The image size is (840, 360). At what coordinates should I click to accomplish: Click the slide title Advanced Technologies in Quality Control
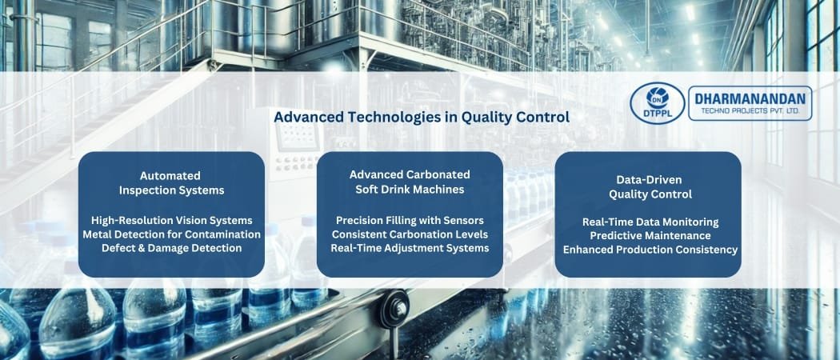pos(421,117)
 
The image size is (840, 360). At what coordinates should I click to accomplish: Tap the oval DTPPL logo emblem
pos(657,104)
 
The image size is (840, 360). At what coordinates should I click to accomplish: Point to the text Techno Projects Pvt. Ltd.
pos(750,112)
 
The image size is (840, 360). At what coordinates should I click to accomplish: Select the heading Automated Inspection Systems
pos(170,182)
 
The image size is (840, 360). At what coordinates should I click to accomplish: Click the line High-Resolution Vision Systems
pos(171,220)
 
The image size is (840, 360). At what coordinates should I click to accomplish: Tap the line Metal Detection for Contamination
pos(171,234)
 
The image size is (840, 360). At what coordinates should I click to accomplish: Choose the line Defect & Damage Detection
pos(171,248)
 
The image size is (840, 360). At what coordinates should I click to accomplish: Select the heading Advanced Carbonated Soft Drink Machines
pos(410,182)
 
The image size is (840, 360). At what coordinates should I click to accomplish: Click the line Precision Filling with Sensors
pos(410,220)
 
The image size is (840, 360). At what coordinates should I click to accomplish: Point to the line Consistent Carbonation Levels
pos(410,234)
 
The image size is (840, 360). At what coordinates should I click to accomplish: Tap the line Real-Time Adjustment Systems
pos(410,248)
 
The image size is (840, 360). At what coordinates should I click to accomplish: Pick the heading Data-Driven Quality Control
pos(650,187)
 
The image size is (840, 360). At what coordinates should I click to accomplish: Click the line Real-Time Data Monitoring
pos(650,222)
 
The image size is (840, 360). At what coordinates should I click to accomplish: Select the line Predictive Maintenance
pos(650,235)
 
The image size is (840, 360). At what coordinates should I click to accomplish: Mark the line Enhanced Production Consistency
pos(650,250)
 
